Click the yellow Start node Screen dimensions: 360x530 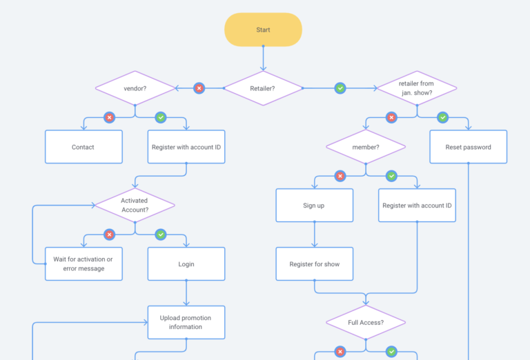coord(263,30)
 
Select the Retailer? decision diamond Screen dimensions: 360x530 coord(263,88)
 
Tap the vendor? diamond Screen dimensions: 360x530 coord(135,88)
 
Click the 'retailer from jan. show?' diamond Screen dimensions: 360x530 coord(416,88)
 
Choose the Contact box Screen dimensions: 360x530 coord(84,147)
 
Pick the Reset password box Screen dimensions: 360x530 coord(468,147)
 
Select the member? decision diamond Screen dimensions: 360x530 coord(366,147)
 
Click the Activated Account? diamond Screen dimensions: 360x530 coord(135,205)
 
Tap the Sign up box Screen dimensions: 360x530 coord(314,206)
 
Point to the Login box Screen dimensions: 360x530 coord(186,264)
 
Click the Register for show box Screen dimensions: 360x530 coord(314,264)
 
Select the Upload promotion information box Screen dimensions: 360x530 coord(186,322)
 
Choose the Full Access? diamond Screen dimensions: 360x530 coord(366,322)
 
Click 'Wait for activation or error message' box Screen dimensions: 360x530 coord(84,264)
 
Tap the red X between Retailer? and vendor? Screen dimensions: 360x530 coord(199,88)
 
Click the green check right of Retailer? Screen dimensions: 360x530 coord(340,88)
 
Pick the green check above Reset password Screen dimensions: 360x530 coord(442,117)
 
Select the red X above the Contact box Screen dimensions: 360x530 coord(109,117)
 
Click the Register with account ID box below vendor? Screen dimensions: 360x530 coord(186,147)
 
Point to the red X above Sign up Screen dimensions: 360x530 coord(340,176)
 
